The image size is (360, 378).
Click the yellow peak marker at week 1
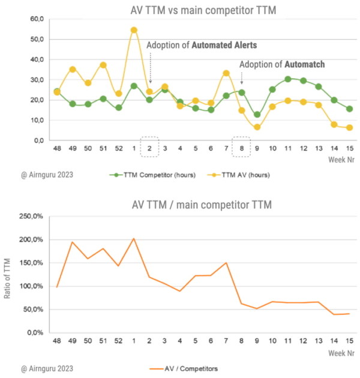[x=134, y=30]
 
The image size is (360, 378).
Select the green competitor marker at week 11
[x=288, y=79]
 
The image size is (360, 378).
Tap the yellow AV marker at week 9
[x=257, y=127]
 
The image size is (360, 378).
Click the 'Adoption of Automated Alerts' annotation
[x=193, y=45]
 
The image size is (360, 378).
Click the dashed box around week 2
[x=149, y=147]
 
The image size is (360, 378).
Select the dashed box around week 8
[x=241, y=147]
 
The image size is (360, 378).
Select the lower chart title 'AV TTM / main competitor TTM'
[x=201, y=205]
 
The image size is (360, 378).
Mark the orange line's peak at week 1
[x=134, y=238]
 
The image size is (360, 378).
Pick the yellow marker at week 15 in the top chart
[x=349, y=128]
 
